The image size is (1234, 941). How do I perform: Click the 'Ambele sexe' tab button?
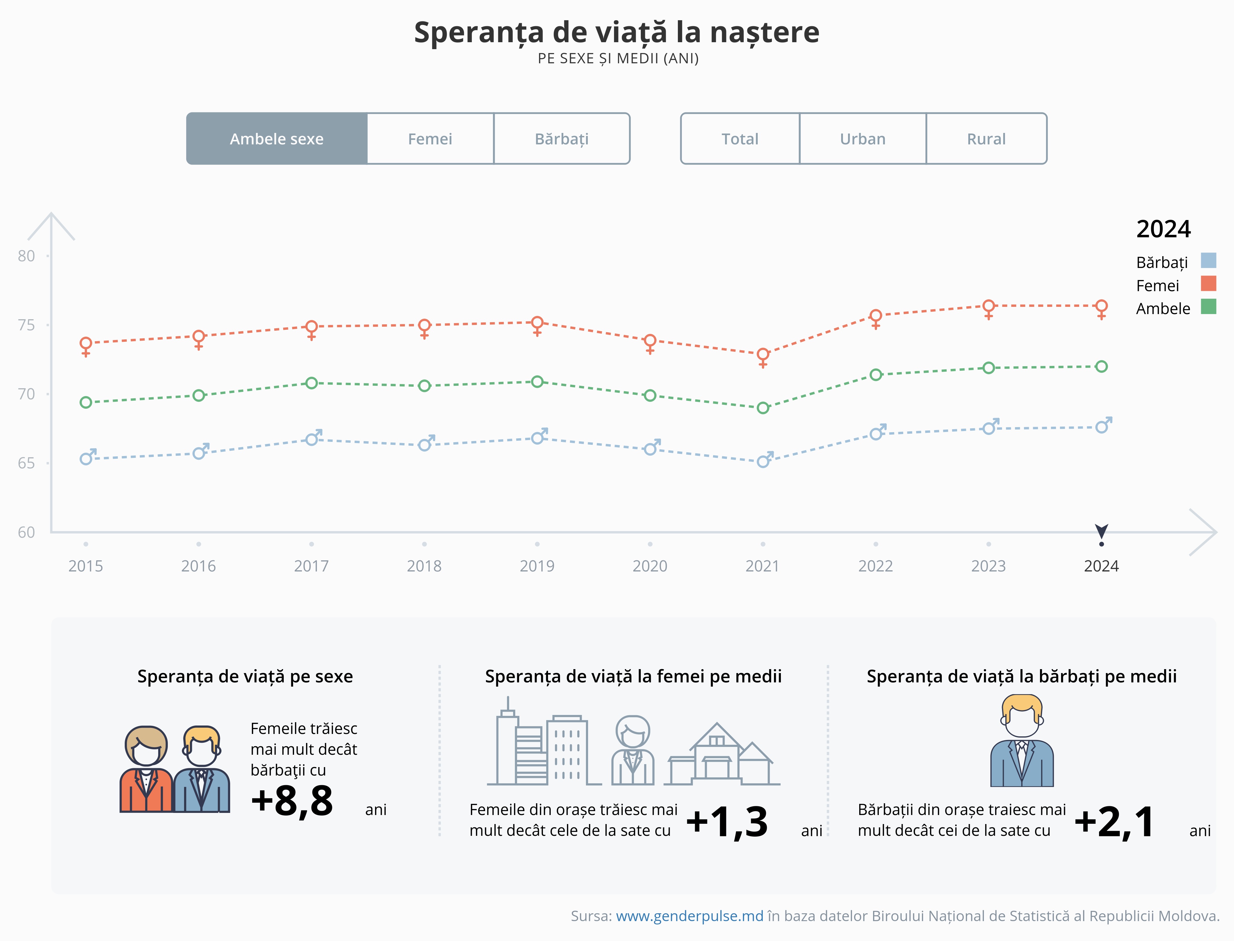277,139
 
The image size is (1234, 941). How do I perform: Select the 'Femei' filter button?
430,139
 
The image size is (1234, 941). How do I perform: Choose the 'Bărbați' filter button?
562,139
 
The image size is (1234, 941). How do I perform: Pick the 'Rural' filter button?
986,139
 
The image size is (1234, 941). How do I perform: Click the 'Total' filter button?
740,139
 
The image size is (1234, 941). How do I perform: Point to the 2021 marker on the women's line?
763,354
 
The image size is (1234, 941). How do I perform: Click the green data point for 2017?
311,383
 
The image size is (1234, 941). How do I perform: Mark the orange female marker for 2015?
86,343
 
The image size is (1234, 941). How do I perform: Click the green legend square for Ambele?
1208,307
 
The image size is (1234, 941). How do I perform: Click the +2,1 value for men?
1113,822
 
